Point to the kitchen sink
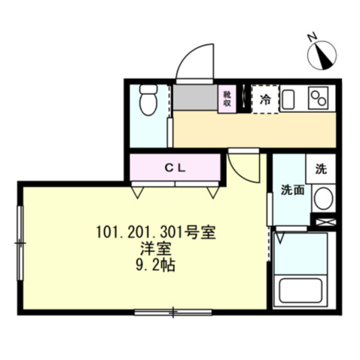[290, 99]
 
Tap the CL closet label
[175, 167]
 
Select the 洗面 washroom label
[292, 190]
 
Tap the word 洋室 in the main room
[157, 249]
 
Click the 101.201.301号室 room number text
[157, 233]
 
